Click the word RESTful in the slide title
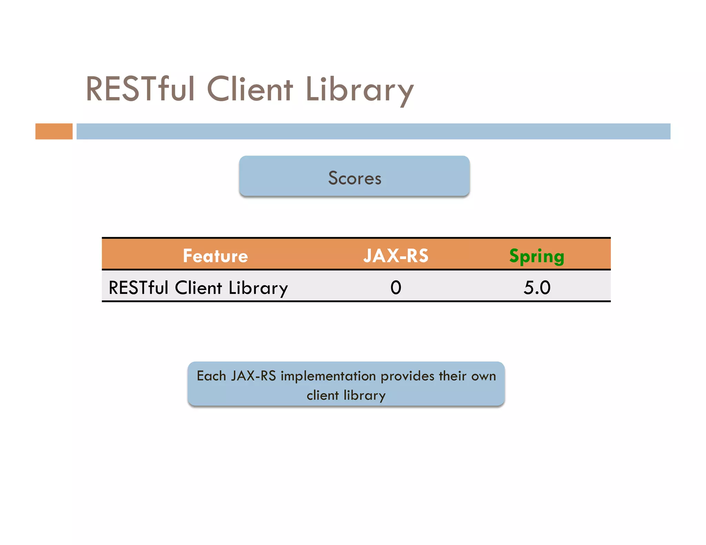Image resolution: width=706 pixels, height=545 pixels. (140, 89)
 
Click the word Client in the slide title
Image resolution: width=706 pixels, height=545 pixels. (250, 89)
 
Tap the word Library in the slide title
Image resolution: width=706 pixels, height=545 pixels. (359, 90)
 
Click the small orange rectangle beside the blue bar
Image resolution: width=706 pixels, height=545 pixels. (54, 131)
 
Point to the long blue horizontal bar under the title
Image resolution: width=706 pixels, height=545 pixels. (373, 131)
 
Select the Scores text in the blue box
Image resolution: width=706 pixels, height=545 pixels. (354, 178)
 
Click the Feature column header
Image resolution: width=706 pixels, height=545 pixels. (215, 256)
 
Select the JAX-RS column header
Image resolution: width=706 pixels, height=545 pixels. (396, 256)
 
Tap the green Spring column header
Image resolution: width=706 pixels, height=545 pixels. (536, 257)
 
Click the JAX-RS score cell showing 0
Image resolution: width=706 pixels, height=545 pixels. (396, 287)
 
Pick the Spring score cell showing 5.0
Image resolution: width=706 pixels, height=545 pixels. (537, 287)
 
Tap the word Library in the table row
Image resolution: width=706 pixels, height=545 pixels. (258, 288)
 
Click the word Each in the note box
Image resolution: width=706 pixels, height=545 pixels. (211, 376)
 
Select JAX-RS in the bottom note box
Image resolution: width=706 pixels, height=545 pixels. (253, 376)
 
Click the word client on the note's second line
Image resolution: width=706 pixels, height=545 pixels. (323, 395)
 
